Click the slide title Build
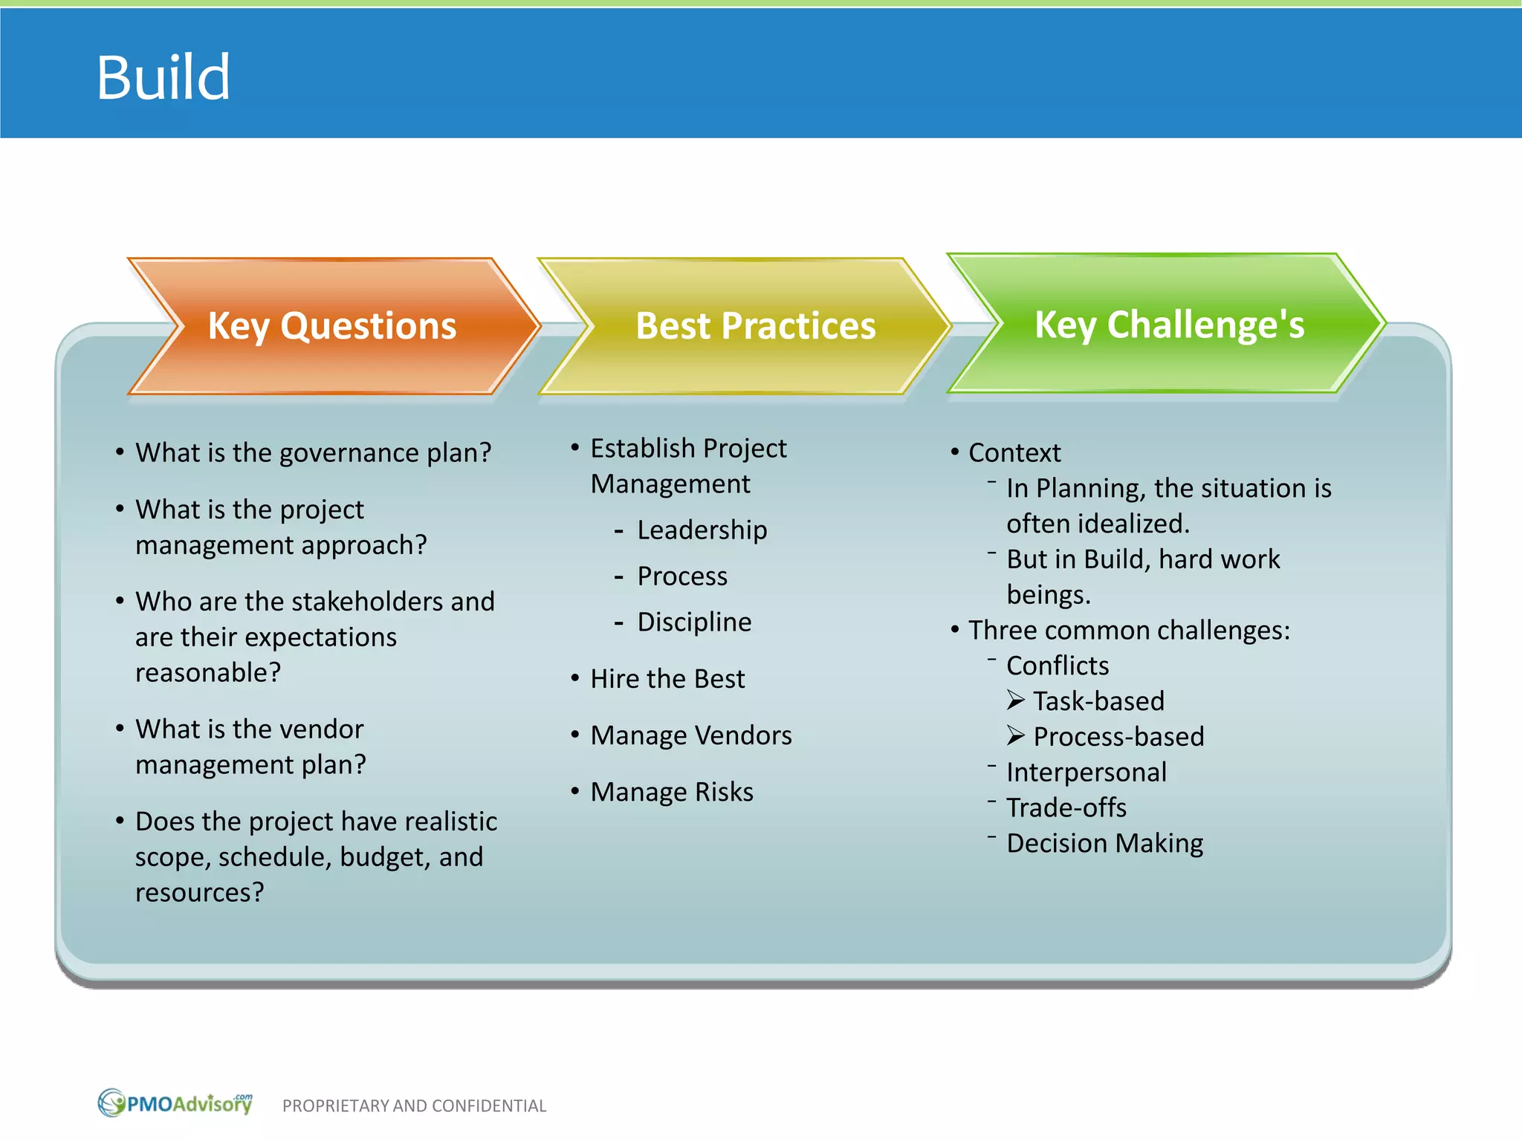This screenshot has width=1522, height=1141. tap(163, 77)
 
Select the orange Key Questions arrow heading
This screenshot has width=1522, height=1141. tap(331, 326)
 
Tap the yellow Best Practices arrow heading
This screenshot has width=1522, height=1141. tap(755, 326)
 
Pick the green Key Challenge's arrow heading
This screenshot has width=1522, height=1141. tap(1169, 325)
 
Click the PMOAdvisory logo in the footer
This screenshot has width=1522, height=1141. tap(175, 1103)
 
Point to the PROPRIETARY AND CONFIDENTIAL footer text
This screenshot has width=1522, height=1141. tap(414, 1106)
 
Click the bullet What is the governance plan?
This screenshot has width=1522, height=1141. tap(313, 452)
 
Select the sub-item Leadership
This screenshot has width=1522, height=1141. tap(702, 530)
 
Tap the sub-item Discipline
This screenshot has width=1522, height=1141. tap(694, 622)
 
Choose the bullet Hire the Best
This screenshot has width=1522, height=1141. tap(667, 679)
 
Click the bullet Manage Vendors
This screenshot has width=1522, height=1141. tap(690, 735)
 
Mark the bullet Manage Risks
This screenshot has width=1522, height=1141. tap(671, 792)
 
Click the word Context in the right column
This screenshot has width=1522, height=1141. tap(1014, 452)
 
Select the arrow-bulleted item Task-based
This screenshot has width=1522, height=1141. tap(1098, 701)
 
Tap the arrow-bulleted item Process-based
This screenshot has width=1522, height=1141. tap(1118, 737)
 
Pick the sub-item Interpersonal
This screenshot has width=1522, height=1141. tap(1086, 773)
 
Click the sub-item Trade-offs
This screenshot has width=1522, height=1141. tap(1066, 807)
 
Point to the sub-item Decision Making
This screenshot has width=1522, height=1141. tap(1104, 843)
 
